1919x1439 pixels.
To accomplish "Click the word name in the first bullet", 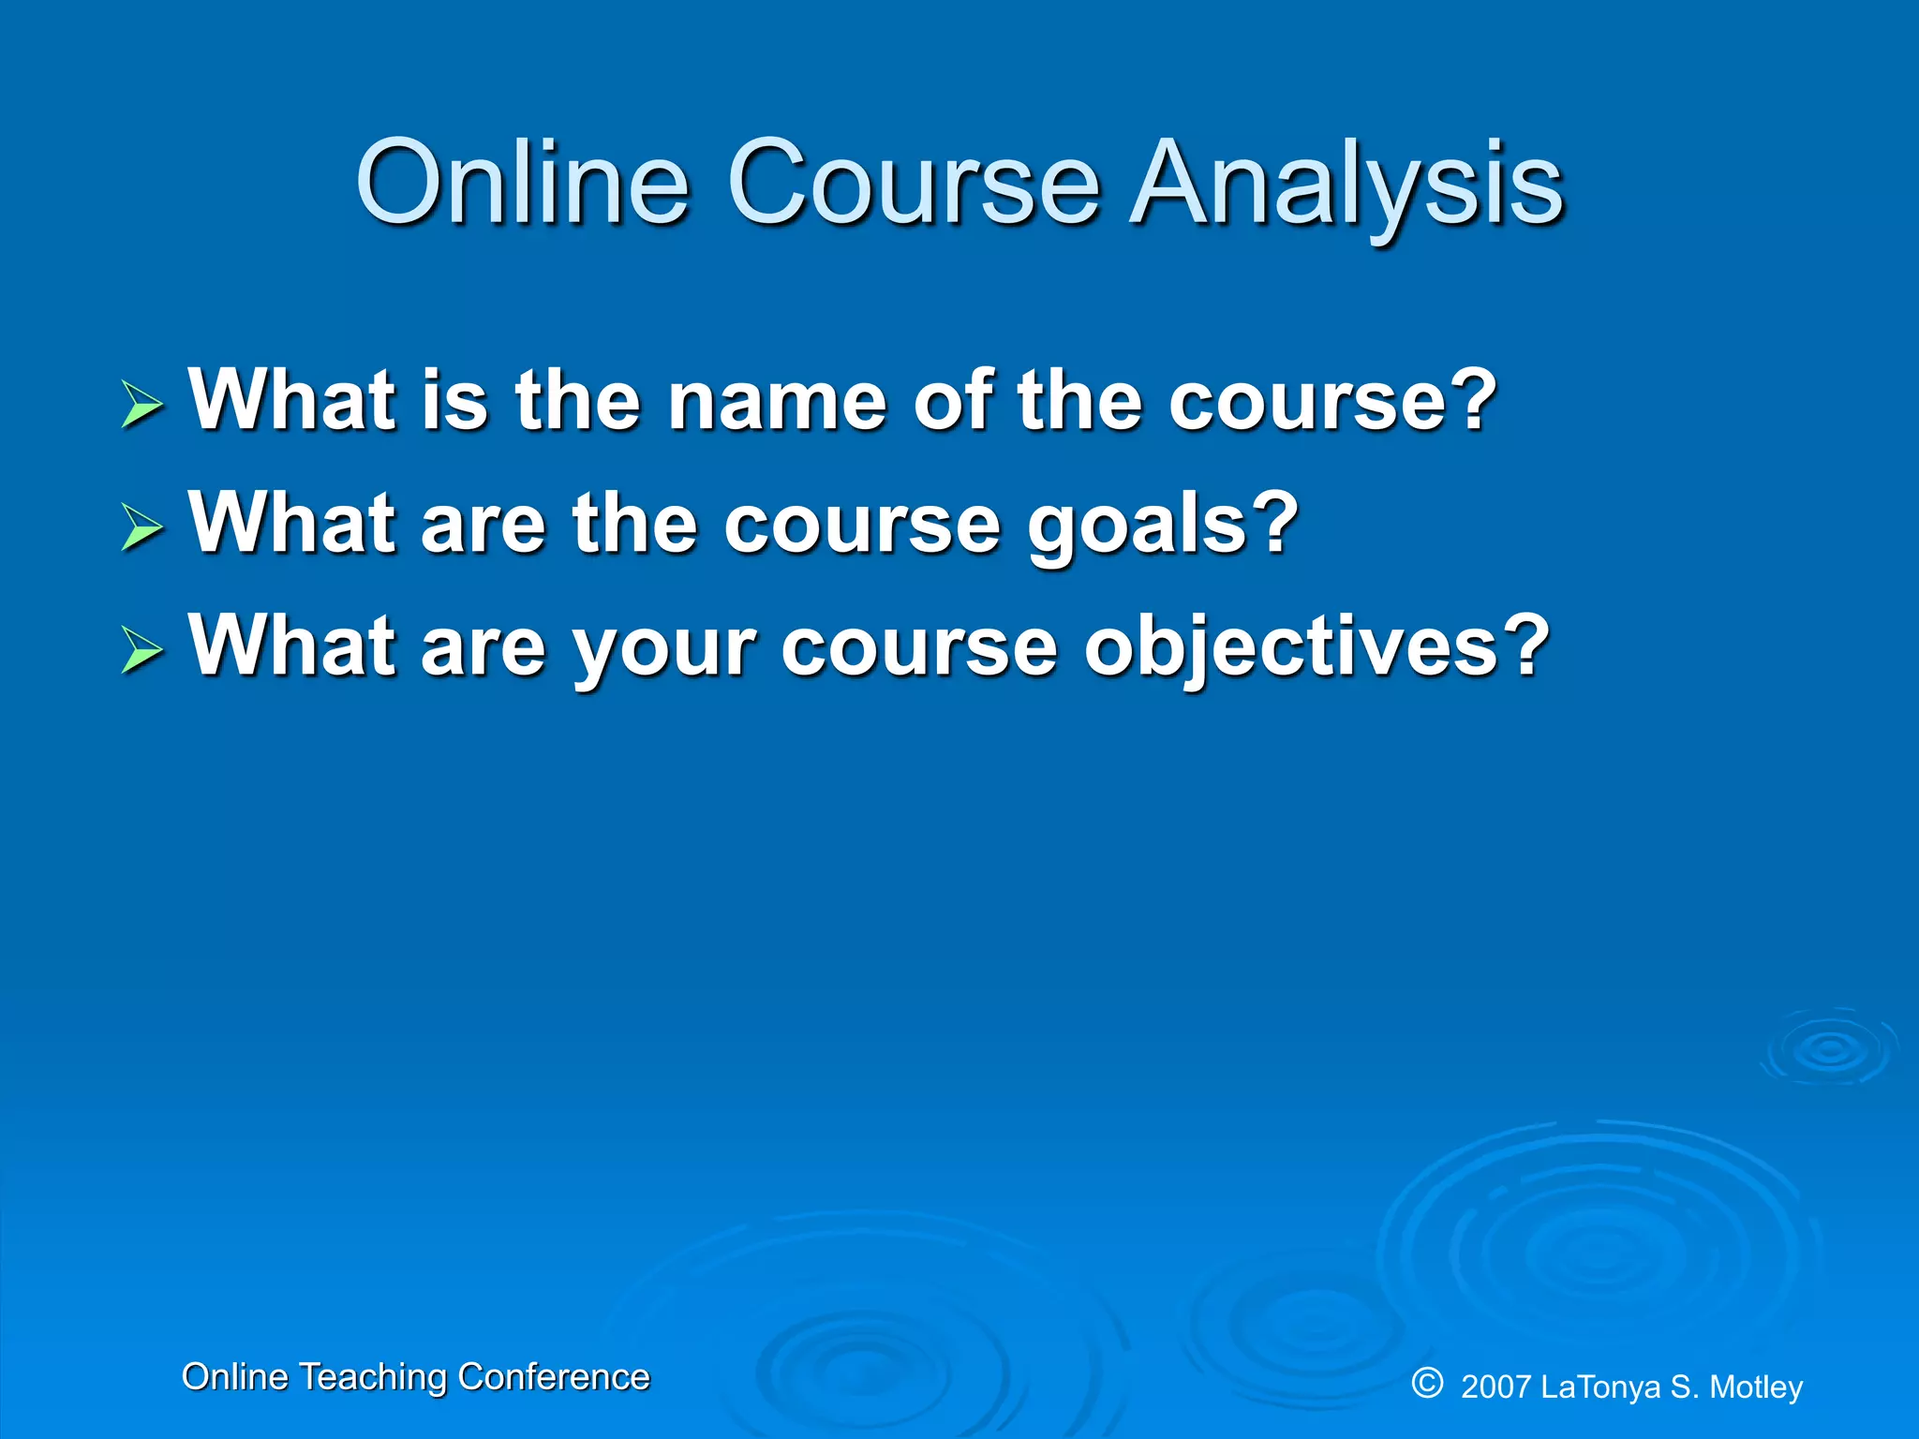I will [x=777, y=401].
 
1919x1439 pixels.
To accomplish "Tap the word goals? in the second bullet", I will [x=1163, y=525].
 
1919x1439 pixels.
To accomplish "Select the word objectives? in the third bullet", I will [x=1317, y=648].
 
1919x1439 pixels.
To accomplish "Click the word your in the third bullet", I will [x=663, y=648].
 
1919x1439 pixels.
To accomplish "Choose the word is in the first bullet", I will [x=454, y=401].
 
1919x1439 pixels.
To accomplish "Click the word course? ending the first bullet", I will [x=1331, y=401].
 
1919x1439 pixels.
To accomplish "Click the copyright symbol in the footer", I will [x=1427, y=1382].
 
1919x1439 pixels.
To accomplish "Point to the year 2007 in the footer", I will [x=1496, y=1387].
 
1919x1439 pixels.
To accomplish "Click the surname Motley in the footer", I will [x=1755, y=1387].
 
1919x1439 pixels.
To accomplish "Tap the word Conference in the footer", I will [x=554, y=1377].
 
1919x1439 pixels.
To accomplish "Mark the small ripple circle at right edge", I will [x=1830, y=1049].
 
